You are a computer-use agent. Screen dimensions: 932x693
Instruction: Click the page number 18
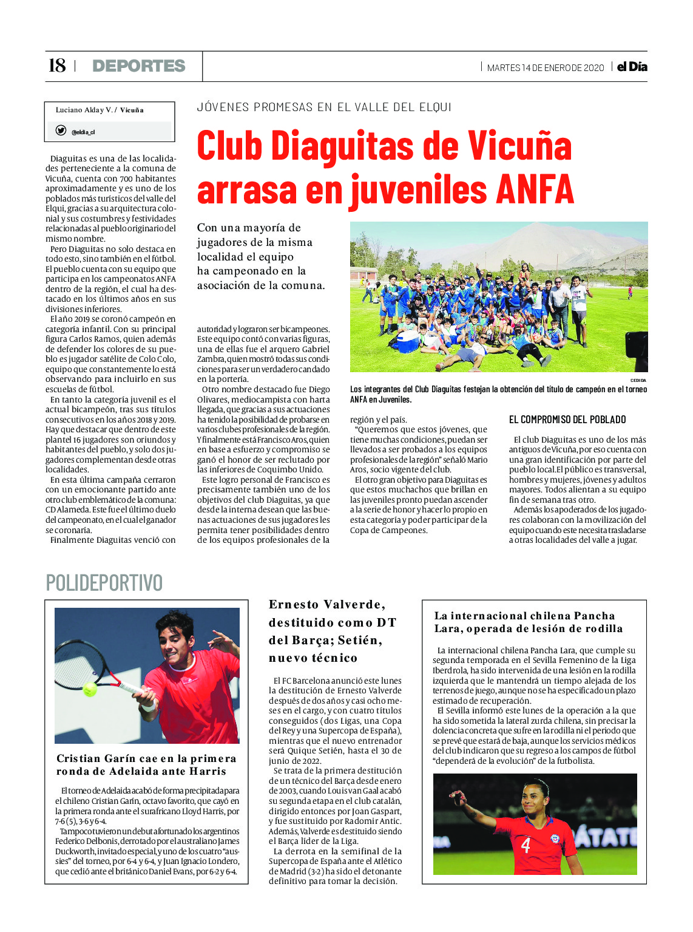(x=56, y=66)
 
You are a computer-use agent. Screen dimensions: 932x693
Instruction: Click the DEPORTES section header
(x=139, y=66)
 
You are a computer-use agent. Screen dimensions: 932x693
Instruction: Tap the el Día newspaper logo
(x=632, y=67)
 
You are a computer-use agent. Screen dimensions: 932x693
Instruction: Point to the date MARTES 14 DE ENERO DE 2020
(x=546, y=68)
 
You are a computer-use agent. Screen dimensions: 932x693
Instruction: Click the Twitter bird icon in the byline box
(x=61, y=131)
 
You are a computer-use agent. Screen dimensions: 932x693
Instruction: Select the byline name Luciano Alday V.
(x=84, y=110)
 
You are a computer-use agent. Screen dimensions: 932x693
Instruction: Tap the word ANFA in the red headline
(x=534, y=189)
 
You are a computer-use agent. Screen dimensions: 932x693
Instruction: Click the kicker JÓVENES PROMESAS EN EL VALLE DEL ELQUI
(x=324, y=107)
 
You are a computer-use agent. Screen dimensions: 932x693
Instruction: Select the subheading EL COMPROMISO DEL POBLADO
(x=567, y=420)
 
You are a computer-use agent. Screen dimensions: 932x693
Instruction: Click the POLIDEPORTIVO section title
(x=104, y=583)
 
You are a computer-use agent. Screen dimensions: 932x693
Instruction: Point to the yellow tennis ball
(x=90, y=689)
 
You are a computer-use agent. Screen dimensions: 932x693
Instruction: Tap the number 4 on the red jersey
(x=526, y=845)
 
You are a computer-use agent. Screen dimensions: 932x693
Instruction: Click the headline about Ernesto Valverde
(x=333, y=631)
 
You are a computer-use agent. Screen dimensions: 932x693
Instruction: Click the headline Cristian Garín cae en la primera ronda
(x=146, y=765)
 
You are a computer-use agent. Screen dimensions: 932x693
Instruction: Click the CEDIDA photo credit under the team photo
(x=638, y=381)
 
